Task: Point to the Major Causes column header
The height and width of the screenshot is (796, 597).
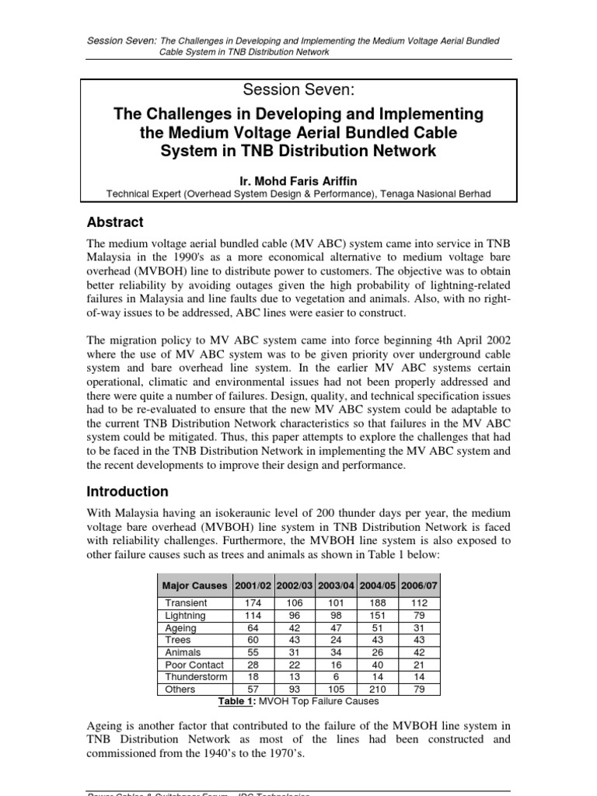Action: coord(194,585)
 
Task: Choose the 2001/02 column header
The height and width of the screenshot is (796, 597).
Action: coord(251,585)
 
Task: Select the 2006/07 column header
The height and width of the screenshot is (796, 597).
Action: coord(419,585)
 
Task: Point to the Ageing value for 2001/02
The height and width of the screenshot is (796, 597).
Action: coord(251,627)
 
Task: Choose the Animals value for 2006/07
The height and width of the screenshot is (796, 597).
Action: coord(419,652)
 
